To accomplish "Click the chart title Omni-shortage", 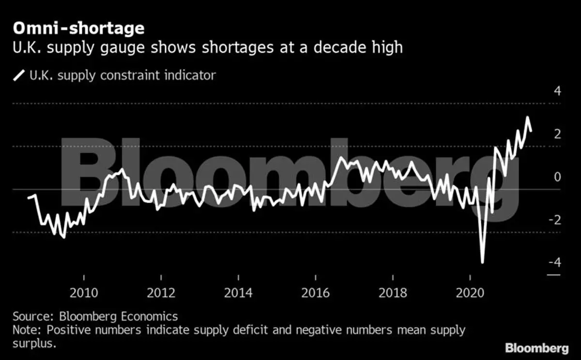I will (x=78, y=29).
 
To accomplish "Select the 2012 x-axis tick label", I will (x=161, y=293).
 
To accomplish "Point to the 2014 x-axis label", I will (x=238, y=293).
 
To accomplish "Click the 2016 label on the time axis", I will (x=315, y=293).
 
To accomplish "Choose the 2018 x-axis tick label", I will (x=393, y=293).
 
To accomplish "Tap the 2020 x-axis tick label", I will (x=470, y=293).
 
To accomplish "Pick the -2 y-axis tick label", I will (x=555, y=219).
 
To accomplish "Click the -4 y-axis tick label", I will (x=555, y=262).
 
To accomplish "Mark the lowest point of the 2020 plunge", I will (x=482, y=263).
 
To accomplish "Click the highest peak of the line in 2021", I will (x=527, y=118).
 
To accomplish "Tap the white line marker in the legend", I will (x=20, y=76).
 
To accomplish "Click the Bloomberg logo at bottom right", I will (x=537, y=348).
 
